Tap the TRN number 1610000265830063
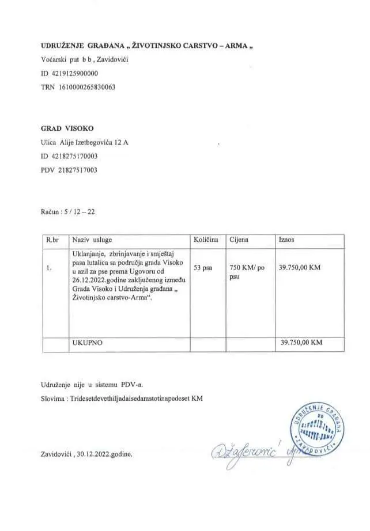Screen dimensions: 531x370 (x=84, y=87)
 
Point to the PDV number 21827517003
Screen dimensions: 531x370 (x=78, y=170)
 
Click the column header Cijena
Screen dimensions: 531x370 (x=240, y=240)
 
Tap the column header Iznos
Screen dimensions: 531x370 (x=287, y=240)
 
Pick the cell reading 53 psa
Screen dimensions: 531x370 (x=204, y=268)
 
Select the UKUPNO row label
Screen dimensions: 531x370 (x=86, y=342)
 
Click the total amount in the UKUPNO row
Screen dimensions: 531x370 (x=301, y=342)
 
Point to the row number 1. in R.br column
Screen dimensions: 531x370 (x=50, y=268)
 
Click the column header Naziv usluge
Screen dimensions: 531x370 (x=92, y=240)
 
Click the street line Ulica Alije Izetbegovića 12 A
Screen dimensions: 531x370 (x=84, y=142)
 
